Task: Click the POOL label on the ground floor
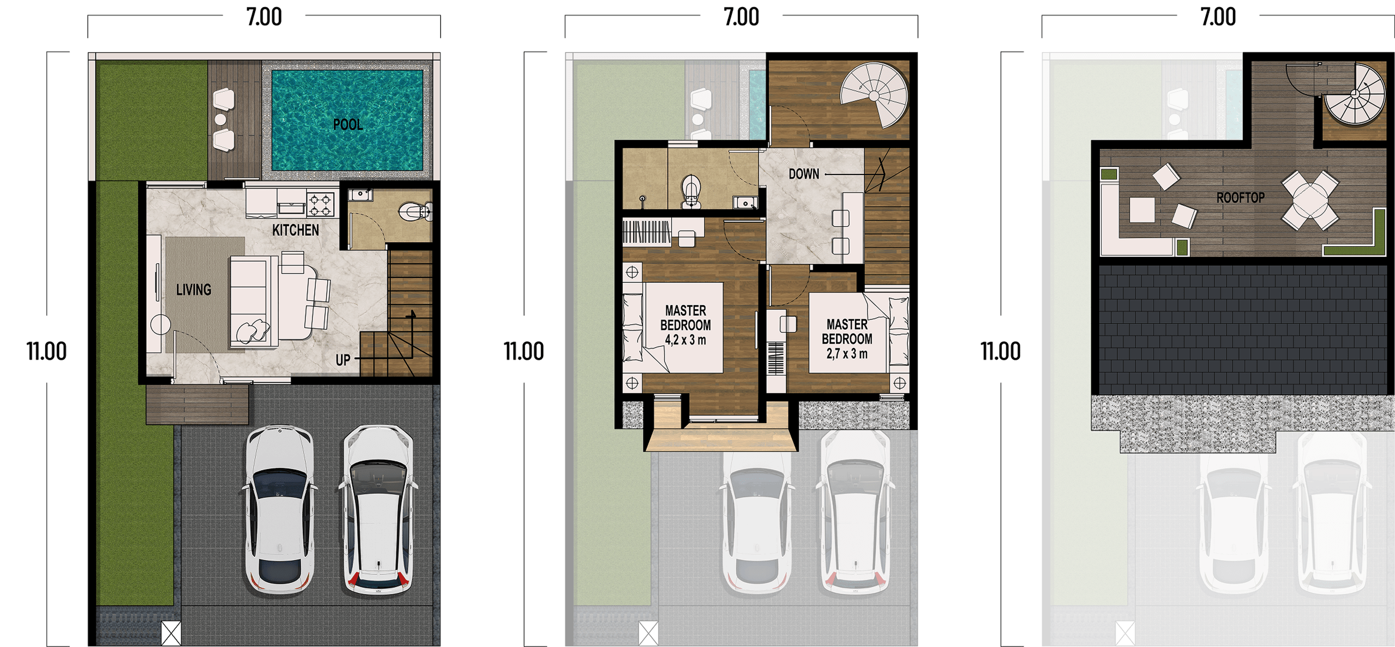[348, 125]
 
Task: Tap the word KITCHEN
[296, 230]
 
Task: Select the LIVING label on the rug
[194, 289]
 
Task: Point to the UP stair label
[342, 360]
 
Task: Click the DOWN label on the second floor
[804, 174]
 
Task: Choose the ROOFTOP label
[1240, 197]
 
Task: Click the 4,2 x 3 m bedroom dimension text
[685, 340]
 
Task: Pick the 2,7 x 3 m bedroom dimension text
[846, 354]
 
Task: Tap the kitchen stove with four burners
[320, 204]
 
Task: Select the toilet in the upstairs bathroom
[692, 191]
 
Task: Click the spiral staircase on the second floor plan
[874, 96]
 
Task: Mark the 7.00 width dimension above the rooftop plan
[1218, 17]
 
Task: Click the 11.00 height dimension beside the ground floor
[46, 351]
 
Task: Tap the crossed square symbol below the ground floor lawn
[171, 633]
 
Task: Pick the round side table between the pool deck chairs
[220, 119]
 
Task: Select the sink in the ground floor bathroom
[360, 194]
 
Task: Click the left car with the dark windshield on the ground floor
[280, 510]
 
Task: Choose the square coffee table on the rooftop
[1141, 210]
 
